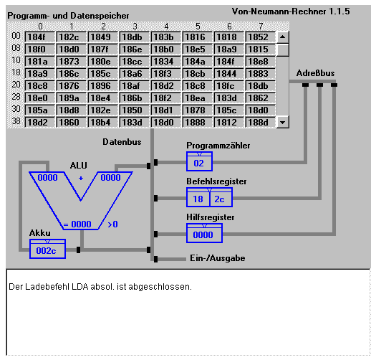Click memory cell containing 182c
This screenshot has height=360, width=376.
pyautogui.click(x=71, y=37)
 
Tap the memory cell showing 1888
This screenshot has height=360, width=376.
pyautogui.click(x=198, y=122)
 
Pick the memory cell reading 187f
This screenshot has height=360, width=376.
pyautogui.click(x=103, y=49)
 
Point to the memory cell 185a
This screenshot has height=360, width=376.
pyautogui.click(x=40, y=110)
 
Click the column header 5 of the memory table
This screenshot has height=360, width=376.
pyautogui.click(x=198, y=27)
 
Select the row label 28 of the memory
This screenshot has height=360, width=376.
pyautogui.click(x=16, y=97)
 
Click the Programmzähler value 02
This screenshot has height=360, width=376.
pyautogui.click(x=199, y=164)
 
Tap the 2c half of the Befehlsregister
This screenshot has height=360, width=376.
pyautogui.click(x=219, y=199)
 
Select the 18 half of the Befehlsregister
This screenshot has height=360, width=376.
pyautogui.click(x=198, y=199)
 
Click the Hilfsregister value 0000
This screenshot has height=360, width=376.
pyautogui.click(x=203, y=235)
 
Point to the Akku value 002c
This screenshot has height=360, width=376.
pyautogui.click(x=46, y=251)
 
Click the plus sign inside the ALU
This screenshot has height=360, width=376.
pyautogui.click(x=81, y=178)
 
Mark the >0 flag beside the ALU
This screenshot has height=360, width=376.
pyautogui.click(x=112, y=224)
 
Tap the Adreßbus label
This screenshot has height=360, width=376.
pyautogui.click(x=315, y=73)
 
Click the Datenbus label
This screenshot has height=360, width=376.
pyautogui.click(x=122, y=142)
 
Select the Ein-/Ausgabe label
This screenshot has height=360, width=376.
pyautogui.click(x=218, y=258)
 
